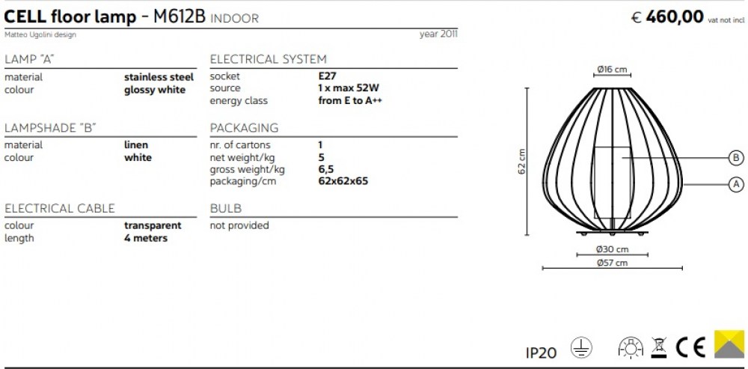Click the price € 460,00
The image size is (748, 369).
click(667, 16)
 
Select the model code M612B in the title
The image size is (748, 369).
click(180, 17)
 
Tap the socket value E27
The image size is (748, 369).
click(328, 76)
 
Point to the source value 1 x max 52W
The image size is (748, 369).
click(349, 88)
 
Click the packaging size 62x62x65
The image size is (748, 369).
click(343, 181)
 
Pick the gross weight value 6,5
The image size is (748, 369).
click(326, 169)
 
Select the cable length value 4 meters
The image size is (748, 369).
click(146, 238)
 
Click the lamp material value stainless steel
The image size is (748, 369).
click(159, 77)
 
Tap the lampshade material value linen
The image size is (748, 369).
click(136, 144)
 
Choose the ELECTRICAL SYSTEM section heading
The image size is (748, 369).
click(268, 60)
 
